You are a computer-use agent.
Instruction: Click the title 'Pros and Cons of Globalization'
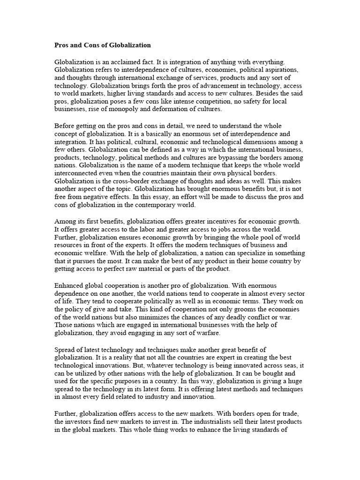(x=103, y=45)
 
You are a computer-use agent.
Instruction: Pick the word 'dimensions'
(x=262, y=142)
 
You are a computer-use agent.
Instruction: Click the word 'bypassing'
(x=233, y=158)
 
